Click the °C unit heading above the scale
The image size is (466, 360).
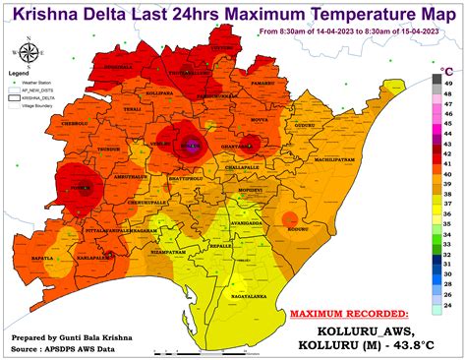pyautogui.click(x=446, y=72)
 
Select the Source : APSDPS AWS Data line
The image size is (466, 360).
pyautogui.click(x=76, y=347)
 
